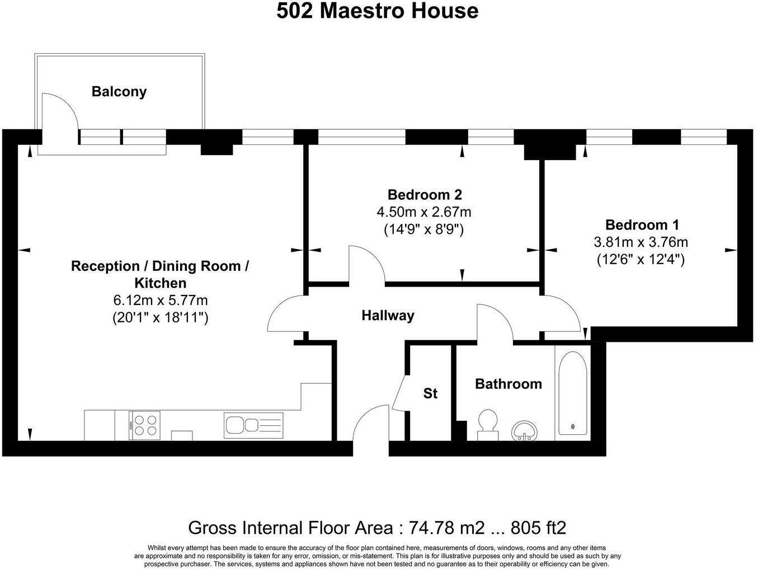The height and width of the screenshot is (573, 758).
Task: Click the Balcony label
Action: tap(119, 92)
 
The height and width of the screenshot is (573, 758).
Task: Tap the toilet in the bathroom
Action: tap(488, 424)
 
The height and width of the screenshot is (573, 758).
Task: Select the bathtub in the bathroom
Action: tap(573, 393)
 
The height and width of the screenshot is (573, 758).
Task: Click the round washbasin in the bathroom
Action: tap(525, 430)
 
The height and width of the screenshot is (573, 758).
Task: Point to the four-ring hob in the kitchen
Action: tap(144, 425)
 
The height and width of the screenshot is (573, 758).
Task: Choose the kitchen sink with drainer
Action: tap(253, 425)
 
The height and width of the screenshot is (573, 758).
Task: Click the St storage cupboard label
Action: tap(430, 393)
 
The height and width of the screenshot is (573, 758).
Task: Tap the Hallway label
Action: tap(388, 316)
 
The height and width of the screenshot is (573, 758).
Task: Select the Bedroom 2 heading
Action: tap(425, 195)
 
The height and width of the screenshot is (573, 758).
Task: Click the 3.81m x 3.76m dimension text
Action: tap(641, 242)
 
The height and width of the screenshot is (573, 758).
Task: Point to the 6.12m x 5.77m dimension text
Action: tap(160, 300)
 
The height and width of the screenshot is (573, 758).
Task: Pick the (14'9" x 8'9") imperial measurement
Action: tap(423, 229)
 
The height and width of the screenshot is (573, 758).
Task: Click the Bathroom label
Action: tap(509, 384)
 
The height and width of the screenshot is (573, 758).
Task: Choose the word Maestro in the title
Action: tap(362, 11)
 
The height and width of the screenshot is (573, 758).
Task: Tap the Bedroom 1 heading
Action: tap(642, 225)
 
